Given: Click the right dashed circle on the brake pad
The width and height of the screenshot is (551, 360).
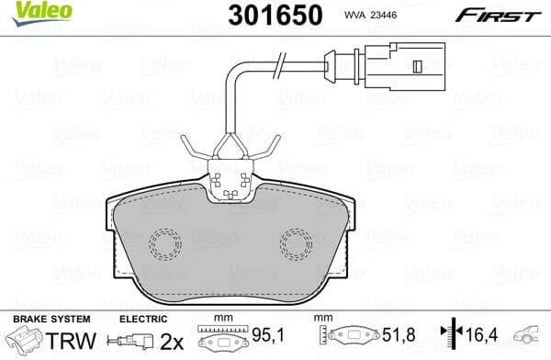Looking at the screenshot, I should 296,243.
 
